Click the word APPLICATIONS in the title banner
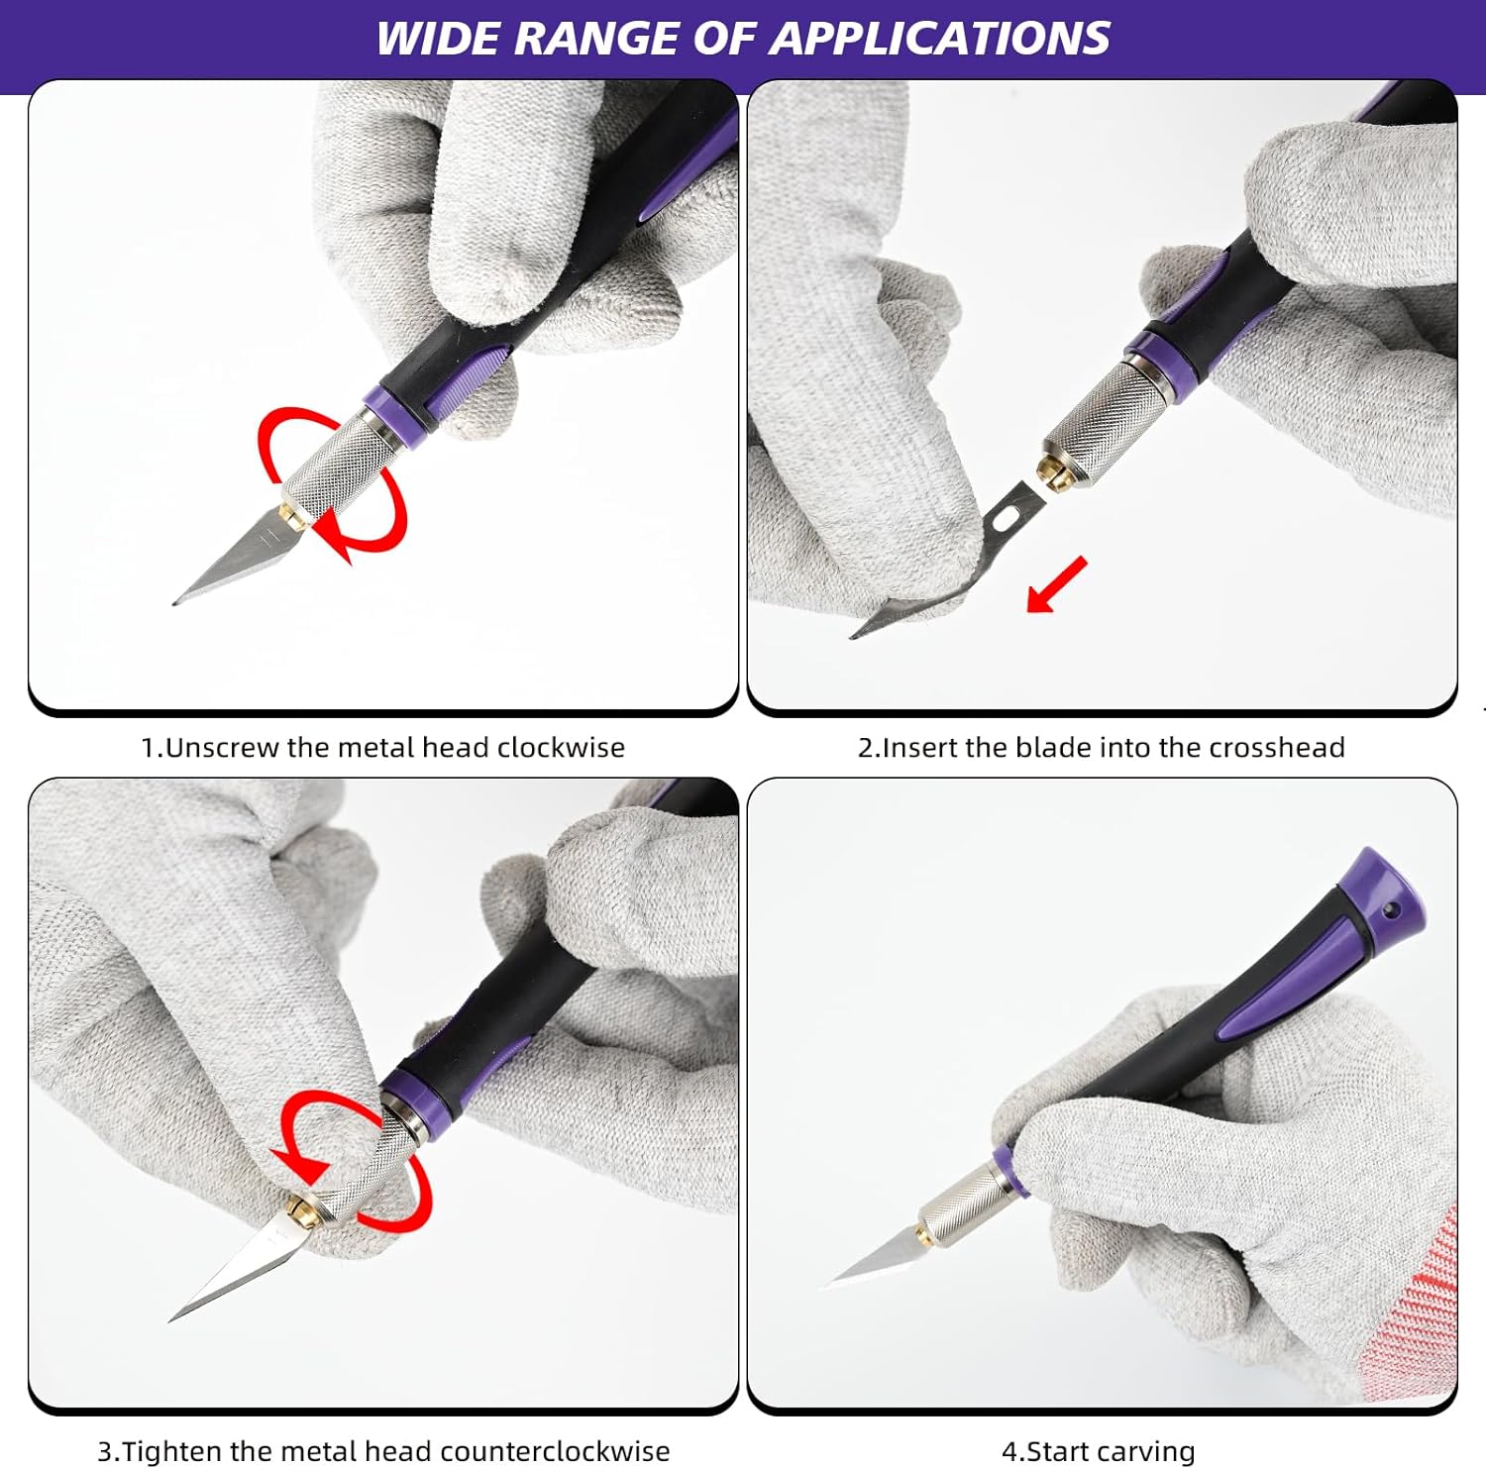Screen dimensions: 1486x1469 (x=939, y=39)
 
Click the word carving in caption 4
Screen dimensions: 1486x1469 (x=1146, y=1453)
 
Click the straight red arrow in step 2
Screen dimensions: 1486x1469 (x=1056, y=585)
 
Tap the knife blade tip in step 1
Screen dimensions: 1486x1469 (x=174, y=602)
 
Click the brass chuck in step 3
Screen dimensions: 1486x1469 (x=301, y=1210)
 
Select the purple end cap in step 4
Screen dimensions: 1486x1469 (x=1386, y=888)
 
